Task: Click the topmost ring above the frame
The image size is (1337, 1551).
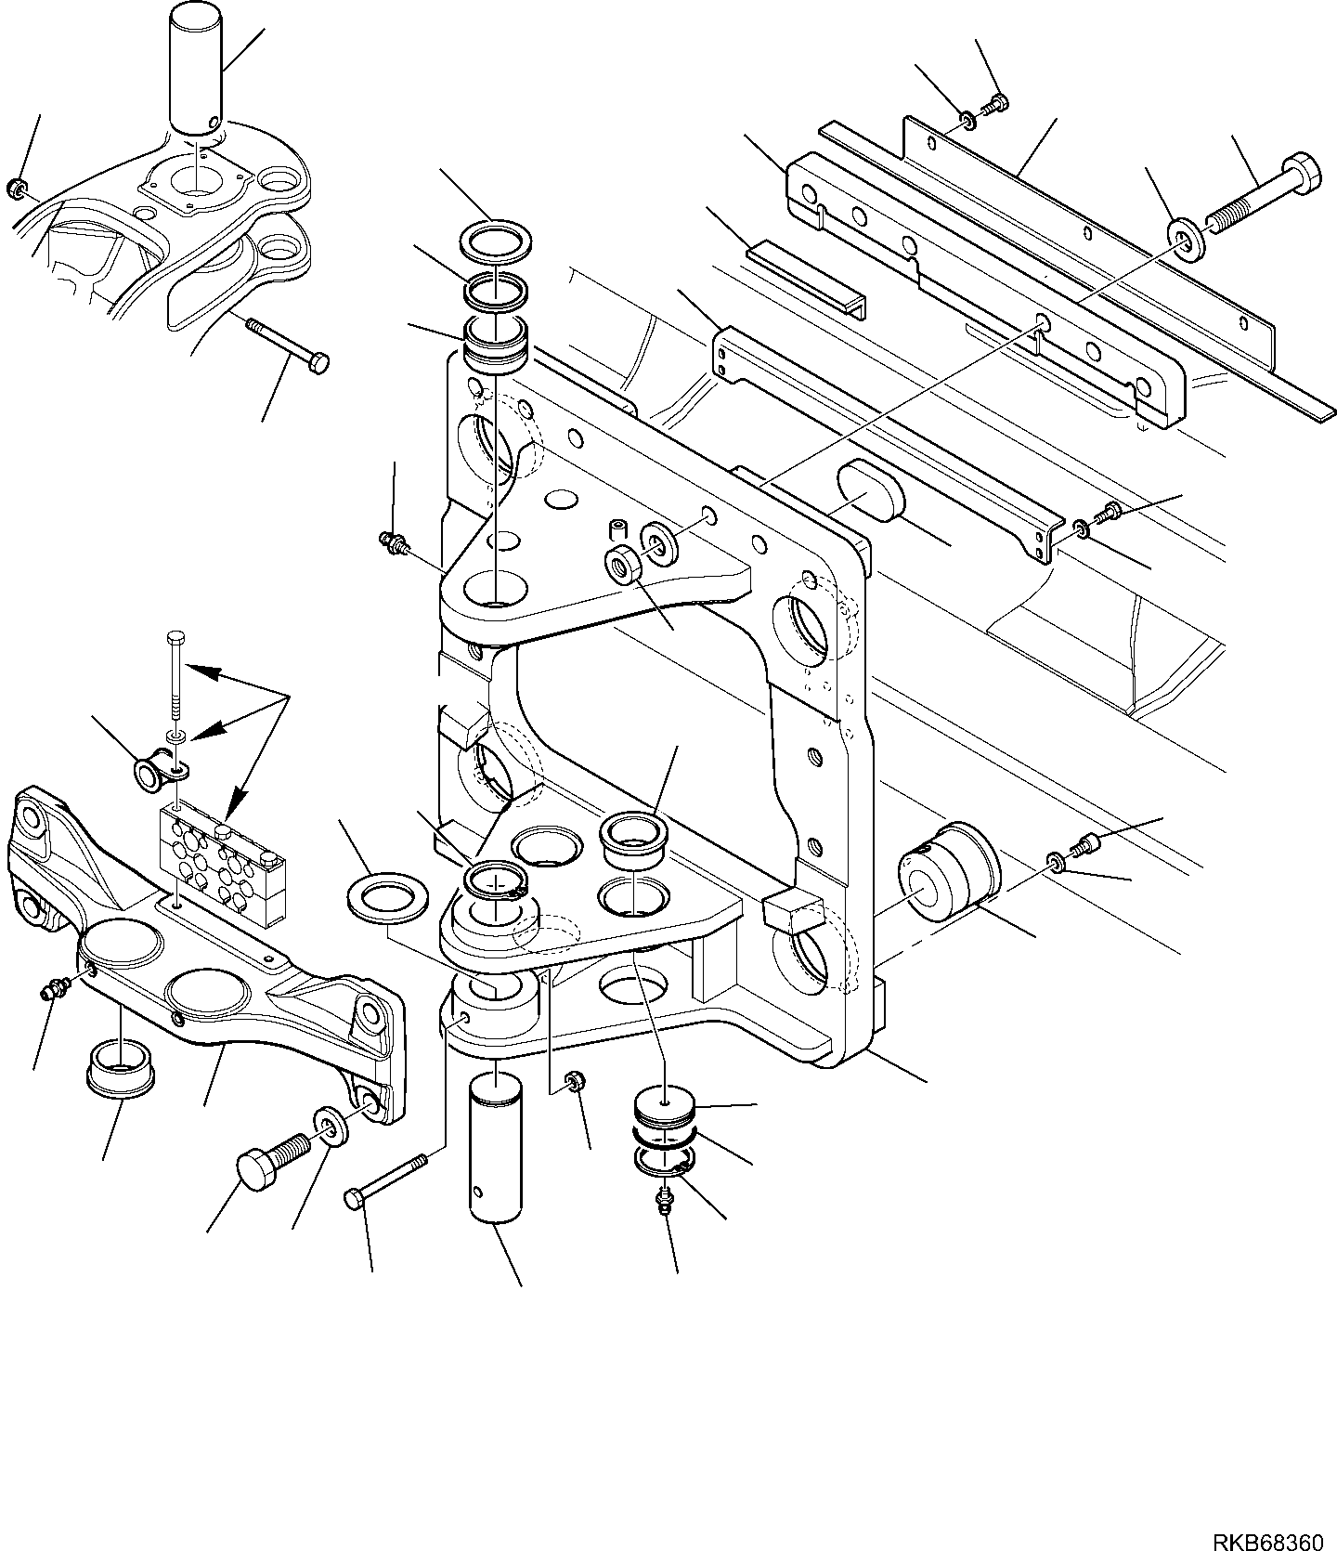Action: [x=498, y=241]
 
